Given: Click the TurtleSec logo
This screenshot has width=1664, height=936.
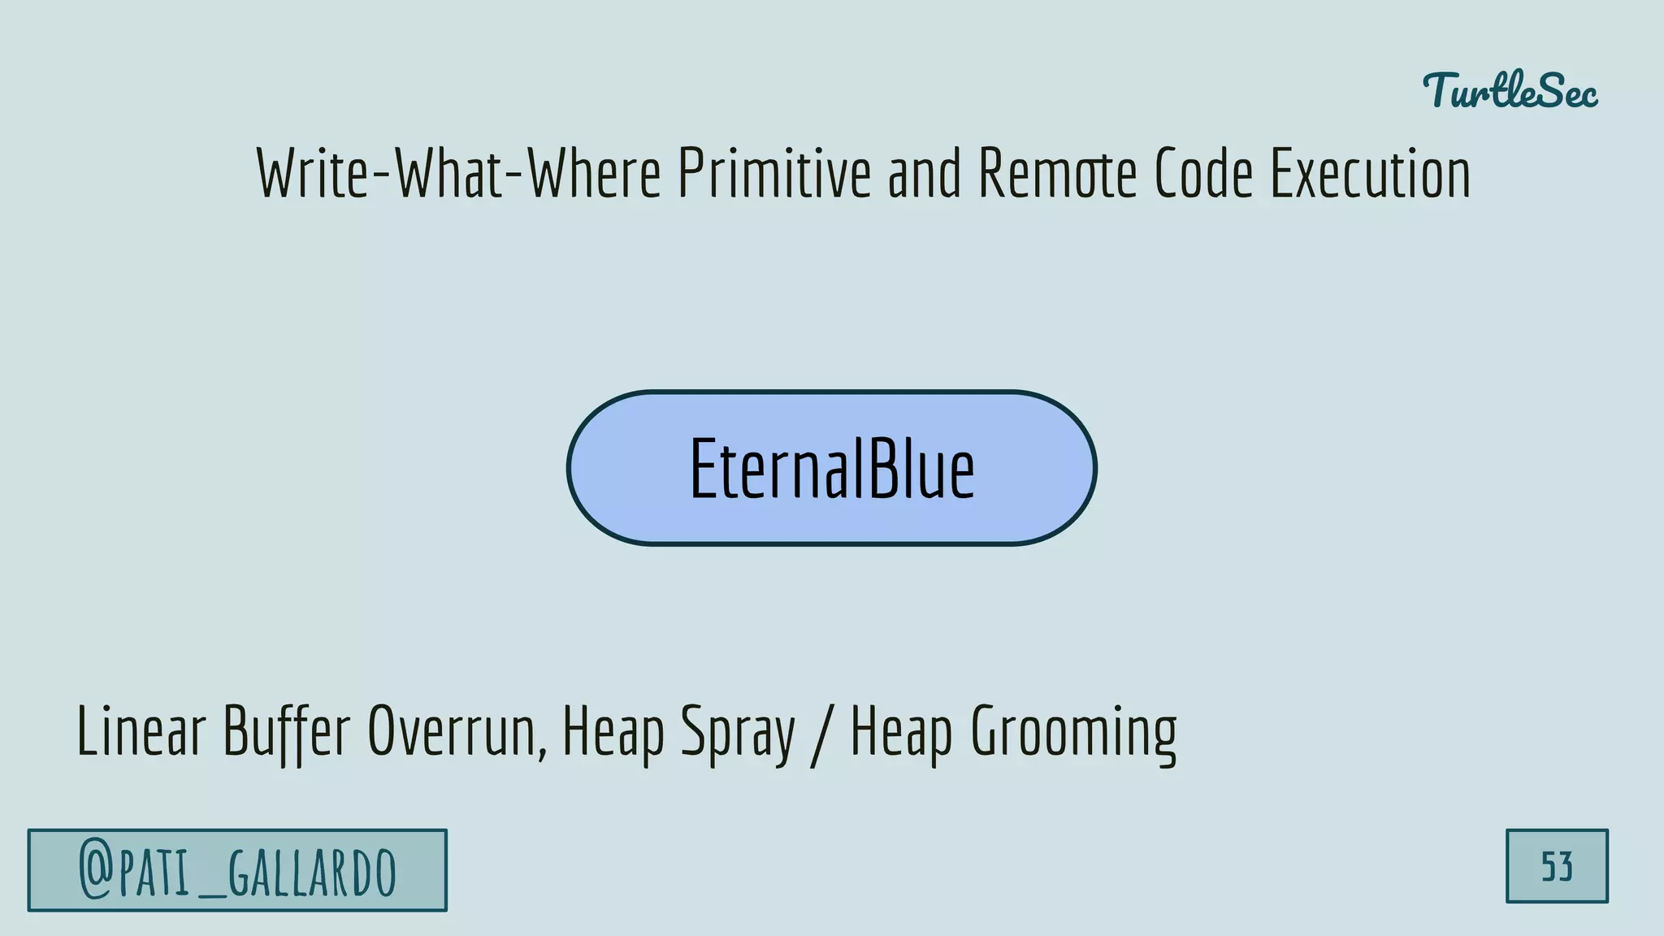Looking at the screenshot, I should pyautogui.click(x=1510, y=91).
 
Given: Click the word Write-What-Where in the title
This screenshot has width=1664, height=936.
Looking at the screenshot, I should pyautogui.click(x=459, y=174).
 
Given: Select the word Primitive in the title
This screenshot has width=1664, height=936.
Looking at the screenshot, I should pyautogui.click(x=773, y=174).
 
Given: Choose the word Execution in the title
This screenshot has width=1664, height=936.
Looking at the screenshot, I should pyautogui.click(x=1370, y=174).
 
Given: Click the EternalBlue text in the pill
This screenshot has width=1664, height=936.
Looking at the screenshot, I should pyautogui.click(x=831, y=469).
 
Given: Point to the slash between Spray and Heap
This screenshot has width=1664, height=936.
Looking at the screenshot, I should pyautogui.click(x=822, y=732).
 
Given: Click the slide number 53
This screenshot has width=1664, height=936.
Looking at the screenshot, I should pyautogui.click(x=1557, y=867).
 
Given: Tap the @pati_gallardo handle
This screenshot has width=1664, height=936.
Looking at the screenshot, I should pyautogui.click(x=237, y=870).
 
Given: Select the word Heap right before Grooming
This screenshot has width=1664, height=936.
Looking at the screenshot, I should pyautogui.click(x=901, y=732).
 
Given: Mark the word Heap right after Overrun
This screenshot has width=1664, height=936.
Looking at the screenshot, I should pyautogui.click(x=613, y=732).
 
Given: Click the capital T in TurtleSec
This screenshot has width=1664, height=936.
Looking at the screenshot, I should pyautogui.click(x=1442, y=89).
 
